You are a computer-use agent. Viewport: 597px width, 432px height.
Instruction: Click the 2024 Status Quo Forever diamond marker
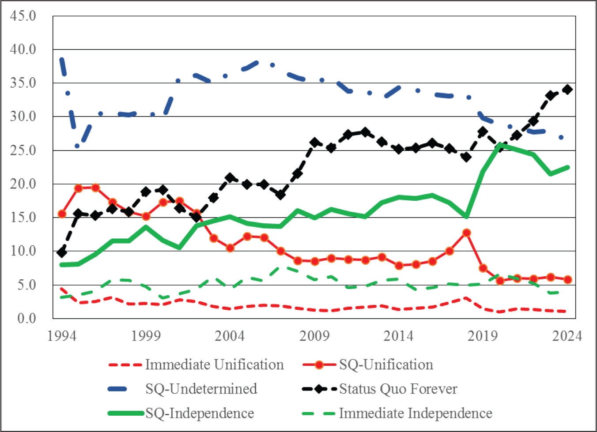[567, 90]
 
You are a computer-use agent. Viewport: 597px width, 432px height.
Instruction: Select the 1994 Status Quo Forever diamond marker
[62, 252]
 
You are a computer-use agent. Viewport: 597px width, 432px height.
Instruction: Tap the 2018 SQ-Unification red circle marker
[466, 233]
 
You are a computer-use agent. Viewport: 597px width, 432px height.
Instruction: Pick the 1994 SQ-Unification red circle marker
[62, 214]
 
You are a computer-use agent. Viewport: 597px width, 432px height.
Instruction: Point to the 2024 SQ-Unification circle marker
[567, 279]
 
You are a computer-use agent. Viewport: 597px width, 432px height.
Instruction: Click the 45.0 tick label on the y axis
[23, 16]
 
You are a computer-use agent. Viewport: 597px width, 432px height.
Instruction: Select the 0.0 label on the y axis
[26, 318]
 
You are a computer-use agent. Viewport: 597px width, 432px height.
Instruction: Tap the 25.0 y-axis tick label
[23, 150]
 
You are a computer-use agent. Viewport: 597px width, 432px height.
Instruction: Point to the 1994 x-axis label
[62, 336]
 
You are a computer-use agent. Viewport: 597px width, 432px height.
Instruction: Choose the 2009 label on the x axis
[314, 336]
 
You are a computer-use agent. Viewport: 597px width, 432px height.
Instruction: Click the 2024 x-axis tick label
[567, 336]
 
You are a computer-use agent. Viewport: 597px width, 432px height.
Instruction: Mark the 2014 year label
[398, 336]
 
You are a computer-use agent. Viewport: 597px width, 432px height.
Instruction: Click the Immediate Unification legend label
[214, 364]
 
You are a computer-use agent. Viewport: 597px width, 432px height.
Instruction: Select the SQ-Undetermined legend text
[201, 389]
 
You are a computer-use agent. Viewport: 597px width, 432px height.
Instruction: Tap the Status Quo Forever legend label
[398, 389]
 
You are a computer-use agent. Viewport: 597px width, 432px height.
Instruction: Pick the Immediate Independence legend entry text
[416, 413]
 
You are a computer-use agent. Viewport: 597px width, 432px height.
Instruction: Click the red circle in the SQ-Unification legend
[319, 365]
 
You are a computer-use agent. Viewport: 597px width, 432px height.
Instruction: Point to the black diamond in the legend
[319, 389]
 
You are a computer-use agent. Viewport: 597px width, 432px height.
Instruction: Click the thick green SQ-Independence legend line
[126, 413]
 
